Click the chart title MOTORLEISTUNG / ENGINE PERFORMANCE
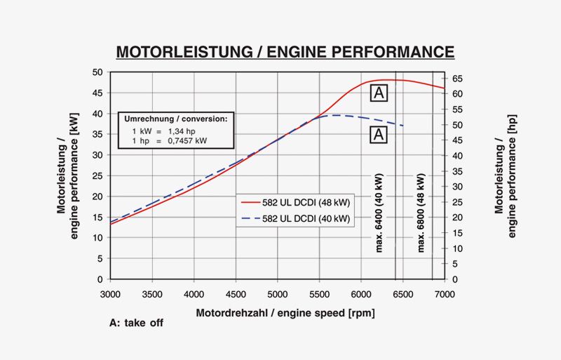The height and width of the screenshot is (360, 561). point(285,52)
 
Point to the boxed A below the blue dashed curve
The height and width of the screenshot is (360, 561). point(379,135)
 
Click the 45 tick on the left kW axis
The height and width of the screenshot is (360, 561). point(97,93)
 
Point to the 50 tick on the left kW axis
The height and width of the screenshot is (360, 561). point(97,72)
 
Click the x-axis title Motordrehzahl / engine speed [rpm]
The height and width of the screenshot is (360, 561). point(285,312)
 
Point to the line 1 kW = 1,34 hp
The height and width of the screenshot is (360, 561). point(166,131)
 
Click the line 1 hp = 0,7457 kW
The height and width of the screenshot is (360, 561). point(170,141)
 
